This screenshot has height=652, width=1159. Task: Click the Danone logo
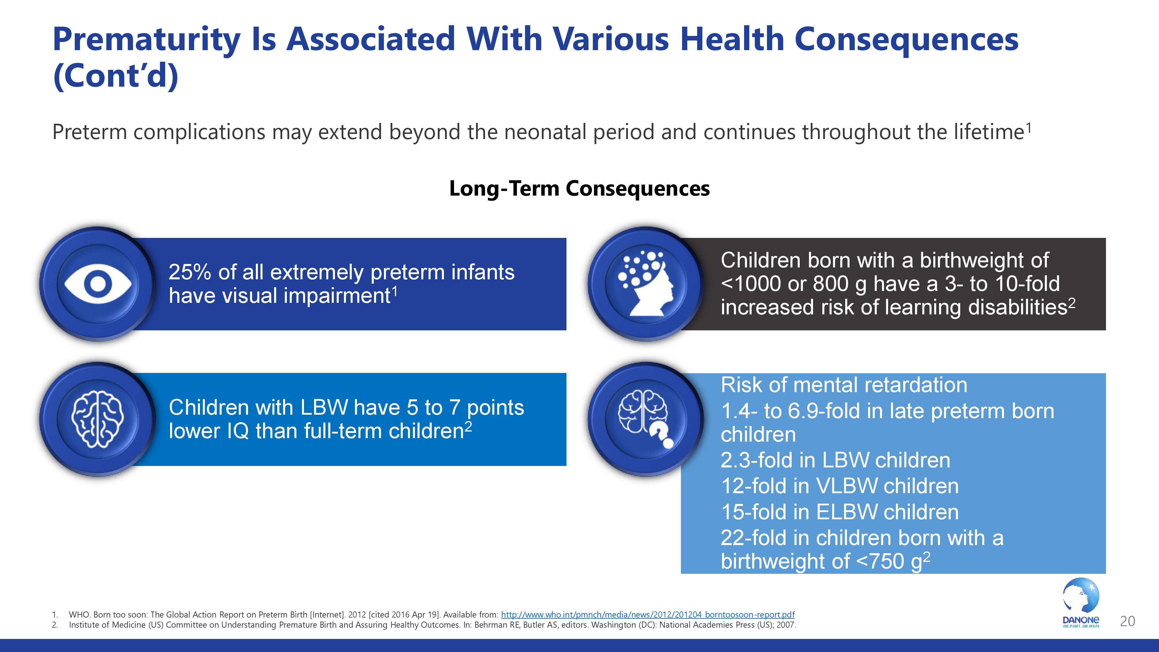(1081, 603)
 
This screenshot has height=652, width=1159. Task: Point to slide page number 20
(1127, 621)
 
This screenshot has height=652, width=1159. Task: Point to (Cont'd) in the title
(116, 76)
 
